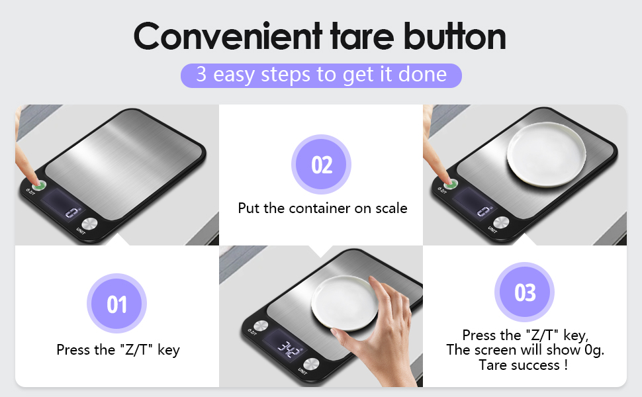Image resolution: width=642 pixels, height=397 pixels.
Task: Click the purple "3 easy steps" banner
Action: pos(321,75)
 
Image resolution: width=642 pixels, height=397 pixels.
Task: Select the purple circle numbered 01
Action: pos(116,303)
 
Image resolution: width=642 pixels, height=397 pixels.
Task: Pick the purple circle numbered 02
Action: pos(322,164)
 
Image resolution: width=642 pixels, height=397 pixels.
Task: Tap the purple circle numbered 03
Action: pos(524,292)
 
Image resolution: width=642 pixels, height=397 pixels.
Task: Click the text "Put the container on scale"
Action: pos(322,208)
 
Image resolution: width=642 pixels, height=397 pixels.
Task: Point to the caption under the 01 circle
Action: pos(118,350)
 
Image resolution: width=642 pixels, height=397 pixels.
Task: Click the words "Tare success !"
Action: pos(524,365)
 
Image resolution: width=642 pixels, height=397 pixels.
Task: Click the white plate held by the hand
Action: pos(344,303)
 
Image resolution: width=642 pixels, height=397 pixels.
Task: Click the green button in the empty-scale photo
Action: pos(39,185)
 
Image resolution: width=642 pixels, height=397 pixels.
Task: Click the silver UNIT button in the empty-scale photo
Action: pos(89,224)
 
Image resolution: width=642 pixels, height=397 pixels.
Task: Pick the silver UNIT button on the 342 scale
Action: pos(311,365)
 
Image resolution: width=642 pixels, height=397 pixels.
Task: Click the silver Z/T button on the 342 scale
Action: pos(261,326)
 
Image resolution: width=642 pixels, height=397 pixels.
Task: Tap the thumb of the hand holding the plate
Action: pos(348,337)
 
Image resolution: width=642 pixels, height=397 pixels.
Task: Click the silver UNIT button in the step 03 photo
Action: pos(501,222)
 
